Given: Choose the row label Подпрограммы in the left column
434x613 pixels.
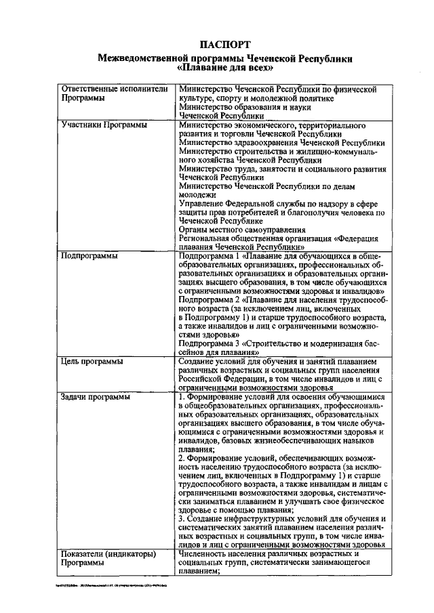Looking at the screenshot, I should pyautogui.click(x=89, y=257).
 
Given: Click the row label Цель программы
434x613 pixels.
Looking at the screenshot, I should pyautogui.click(x=92, y=362).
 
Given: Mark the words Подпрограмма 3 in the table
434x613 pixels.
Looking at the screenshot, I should pyautogui.click(x=209, y=343).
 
